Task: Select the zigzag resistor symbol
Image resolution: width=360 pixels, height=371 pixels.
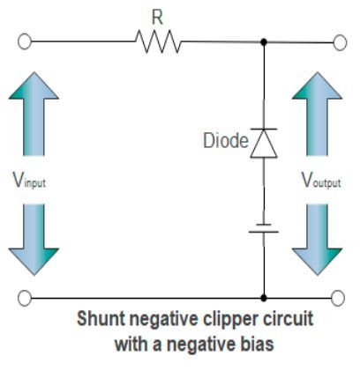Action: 158,41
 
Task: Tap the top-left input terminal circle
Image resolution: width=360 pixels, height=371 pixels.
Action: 26,41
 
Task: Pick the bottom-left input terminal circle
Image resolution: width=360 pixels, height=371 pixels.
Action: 26,298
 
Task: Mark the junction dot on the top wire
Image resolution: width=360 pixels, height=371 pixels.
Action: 264,41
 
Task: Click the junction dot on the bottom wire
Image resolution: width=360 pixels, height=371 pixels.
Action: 264,298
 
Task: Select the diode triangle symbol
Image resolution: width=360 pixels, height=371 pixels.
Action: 264,144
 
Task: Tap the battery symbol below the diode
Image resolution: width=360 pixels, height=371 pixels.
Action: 264,228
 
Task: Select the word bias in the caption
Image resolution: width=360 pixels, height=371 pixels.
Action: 254,343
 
